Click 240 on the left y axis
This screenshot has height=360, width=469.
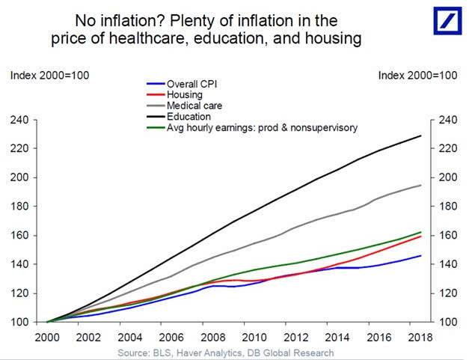pos(19,120)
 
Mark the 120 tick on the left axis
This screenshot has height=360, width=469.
pos(19,293)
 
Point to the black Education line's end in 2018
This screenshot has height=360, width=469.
pos(421,135)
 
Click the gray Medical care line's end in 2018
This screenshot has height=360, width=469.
pos(421,185)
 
